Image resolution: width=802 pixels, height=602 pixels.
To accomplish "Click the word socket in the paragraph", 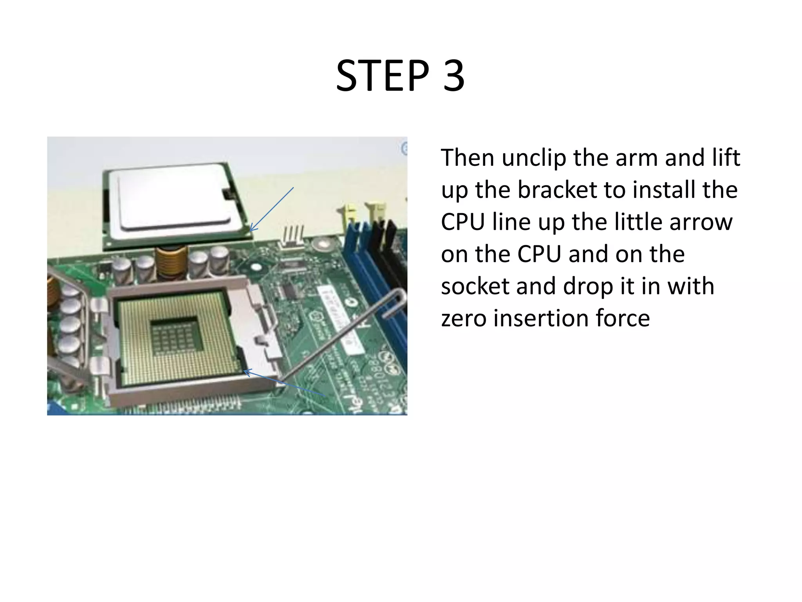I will click(x=475, y=286).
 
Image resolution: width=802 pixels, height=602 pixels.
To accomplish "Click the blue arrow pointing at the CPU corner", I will click(x=272, y=209).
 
